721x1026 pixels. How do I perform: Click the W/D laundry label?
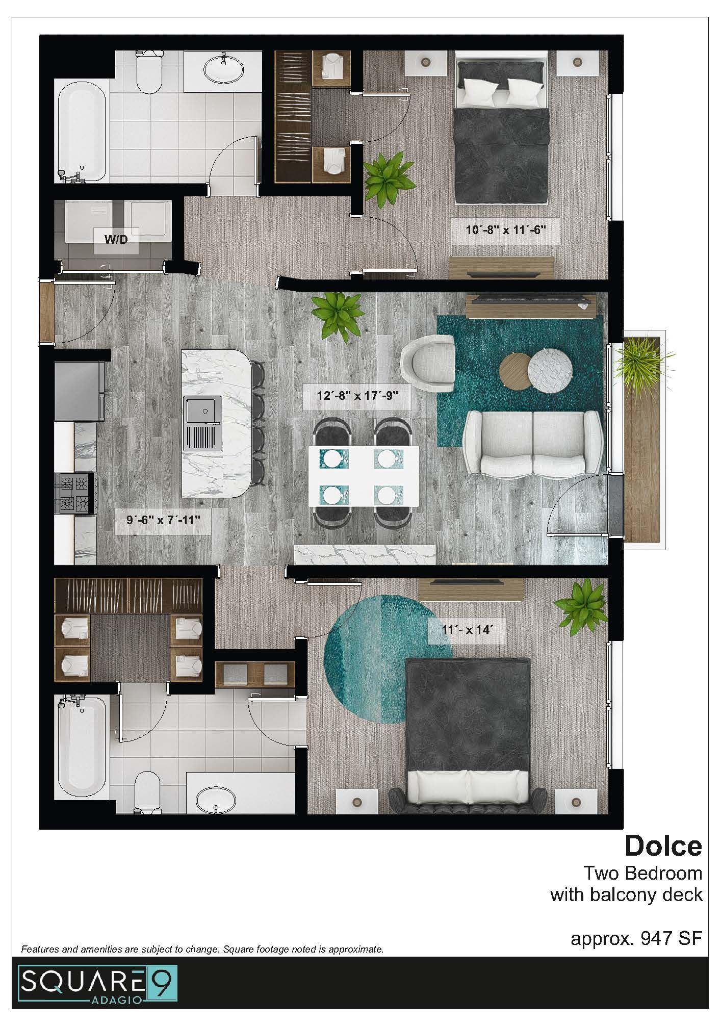[x=116, y=239]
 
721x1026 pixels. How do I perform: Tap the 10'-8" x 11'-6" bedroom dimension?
[x=506, y=229]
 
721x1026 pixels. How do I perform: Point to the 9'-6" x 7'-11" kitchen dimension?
[x=163, y=520]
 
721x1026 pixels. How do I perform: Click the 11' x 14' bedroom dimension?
[x=466, y=629]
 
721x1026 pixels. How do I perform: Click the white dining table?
[x=363, y=476]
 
